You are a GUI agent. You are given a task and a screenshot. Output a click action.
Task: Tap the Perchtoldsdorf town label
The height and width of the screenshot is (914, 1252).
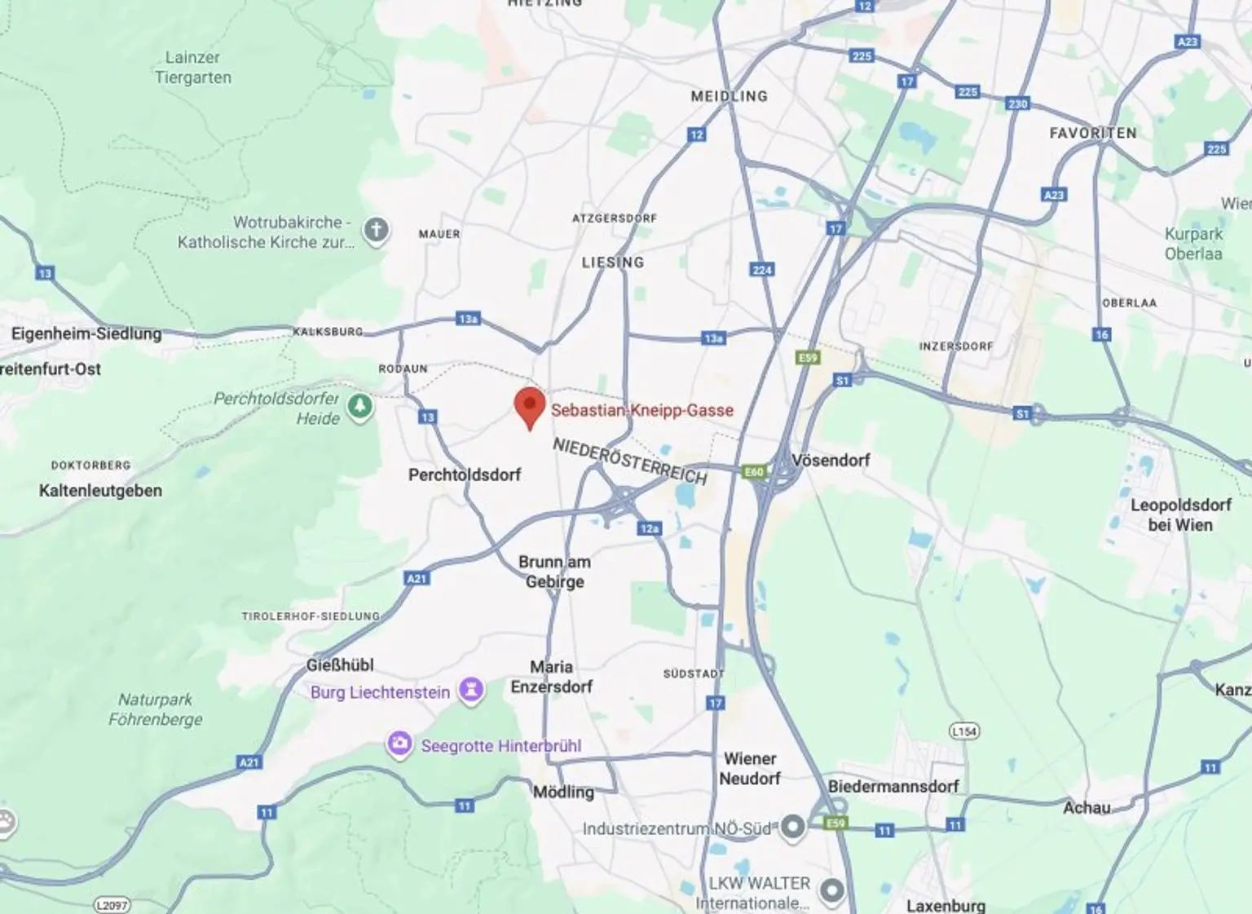click(x=464, y=475)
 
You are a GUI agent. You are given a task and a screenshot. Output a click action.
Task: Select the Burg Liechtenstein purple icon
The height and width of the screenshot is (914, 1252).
click(x=471, y=691)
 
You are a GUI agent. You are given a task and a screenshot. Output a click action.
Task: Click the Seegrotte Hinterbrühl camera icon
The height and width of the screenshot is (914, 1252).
click(x=399, y=744)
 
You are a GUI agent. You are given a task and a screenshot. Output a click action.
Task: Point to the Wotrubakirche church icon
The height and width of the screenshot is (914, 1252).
click(x=376, y=230)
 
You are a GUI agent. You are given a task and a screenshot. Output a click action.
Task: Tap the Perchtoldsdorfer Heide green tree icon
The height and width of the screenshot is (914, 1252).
click(x=360, y=406)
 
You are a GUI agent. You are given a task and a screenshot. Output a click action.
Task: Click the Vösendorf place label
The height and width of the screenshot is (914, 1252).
click(x=831, y=461)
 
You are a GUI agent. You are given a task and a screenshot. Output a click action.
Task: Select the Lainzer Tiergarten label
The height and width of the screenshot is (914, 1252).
click(x=193, y=68)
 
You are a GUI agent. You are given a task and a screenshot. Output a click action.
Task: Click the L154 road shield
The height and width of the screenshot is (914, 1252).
click(x=964, y=731)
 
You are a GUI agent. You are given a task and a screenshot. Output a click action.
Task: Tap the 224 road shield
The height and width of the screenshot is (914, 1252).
click(x=762, y=270)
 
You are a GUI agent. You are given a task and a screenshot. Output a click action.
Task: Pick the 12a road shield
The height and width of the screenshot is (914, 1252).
click(x=649, y=528)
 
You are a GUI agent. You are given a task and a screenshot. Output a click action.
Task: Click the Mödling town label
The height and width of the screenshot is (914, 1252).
click(x=563, y=792)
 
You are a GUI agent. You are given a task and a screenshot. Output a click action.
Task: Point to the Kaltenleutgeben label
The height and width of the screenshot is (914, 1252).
click(x=100, y=491)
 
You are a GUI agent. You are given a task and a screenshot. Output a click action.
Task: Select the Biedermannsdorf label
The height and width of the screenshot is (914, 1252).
click(x=893, y=787)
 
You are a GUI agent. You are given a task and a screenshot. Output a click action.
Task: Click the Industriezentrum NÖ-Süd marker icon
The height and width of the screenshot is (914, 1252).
click(x=792, y=828)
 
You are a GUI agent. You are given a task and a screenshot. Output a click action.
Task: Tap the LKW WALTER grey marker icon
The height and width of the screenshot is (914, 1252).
click(x=831, y=891)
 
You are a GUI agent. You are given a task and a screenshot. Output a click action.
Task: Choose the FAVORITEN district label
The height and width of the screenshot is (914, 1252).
click(x=1092, y=133)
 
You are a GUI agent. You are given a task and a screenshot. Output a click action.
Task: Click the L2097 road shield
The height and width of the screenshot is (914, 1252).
click(x=112, y=905)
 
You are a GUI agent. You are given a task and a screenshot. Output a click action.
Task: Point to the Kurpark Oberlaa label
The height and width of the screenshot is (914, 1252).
click(x=1193, y=244)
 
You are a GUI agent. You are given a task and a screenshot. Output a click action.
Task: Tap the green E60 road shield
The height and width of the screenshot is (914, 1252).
click(x=754, y=472)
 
